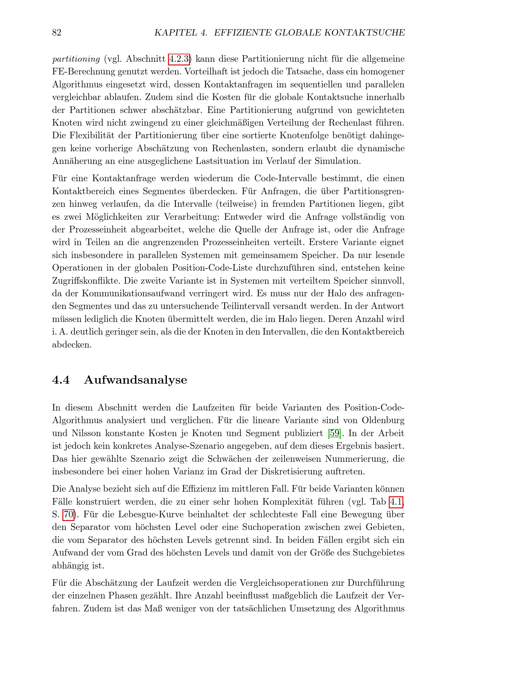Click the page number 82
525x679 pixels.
[57, 33]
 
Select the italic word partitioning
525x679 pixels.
[76, 59]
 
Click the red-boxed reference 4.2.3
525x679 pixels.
[179, 59]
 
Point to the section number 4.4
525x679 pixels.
[61, 380]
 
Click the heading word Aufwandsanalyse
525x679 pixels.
[136, 380]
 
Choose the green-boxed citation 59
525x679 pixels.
[335, 433]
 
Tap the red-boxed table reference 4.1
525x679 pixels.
[396, 502]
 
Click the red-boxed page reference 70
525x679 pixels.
[69, 514]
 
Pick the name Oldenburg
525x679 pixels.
[383, 420]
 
